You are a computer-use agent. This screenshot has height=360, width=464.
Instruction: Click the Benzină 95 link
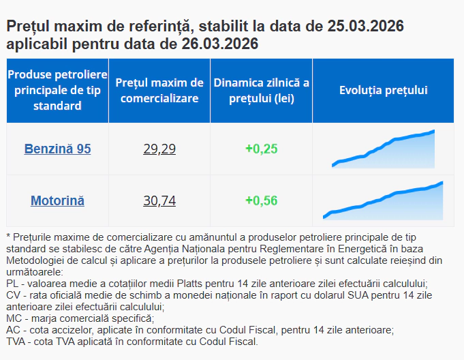coord(57,149)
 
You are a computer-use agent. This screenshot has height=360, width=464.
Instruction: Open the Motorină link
coord(57,200)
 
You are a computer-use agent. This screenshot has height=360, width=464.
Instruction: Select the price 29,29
coord(159,149)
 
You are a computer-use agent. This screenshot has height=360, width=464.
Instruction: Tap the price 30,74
coord(159,200)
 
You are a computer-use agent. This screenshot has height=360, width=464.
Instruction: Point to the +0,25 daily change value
coord(261,149)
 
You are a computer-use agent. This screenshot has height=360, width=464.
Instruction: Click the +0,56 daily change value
coord(261,200)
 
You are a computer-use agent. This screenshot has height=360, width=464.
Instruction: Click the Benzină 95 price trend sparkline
coord(383,149)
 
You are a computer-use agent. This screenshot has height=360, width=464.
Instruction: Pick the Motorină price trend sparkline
coord(383,200)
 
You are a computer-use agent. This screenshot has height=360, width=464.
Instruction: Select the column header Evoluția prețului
coord(383,91)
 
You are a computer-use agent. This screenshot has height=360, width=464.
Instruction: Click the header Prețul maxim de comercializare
coord(159,91)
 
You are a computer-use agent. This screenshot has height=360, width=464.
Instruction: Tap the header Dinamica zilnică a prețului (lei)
coord(261,91)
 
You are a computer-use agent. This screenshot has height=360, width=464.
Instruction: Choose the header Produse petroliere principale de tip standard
coord(57,91)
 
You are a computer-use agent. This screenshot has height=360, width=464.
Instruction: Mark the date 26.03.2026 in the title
coord(220,44)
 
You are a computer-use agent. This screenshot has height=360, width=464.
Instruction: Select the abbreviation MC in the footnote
coord(13,318)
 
